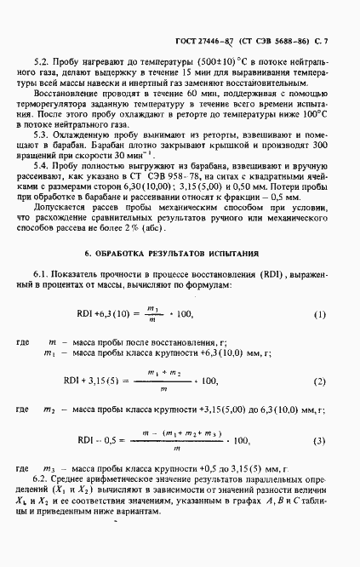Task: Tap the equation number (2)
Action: coord(319,381)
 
